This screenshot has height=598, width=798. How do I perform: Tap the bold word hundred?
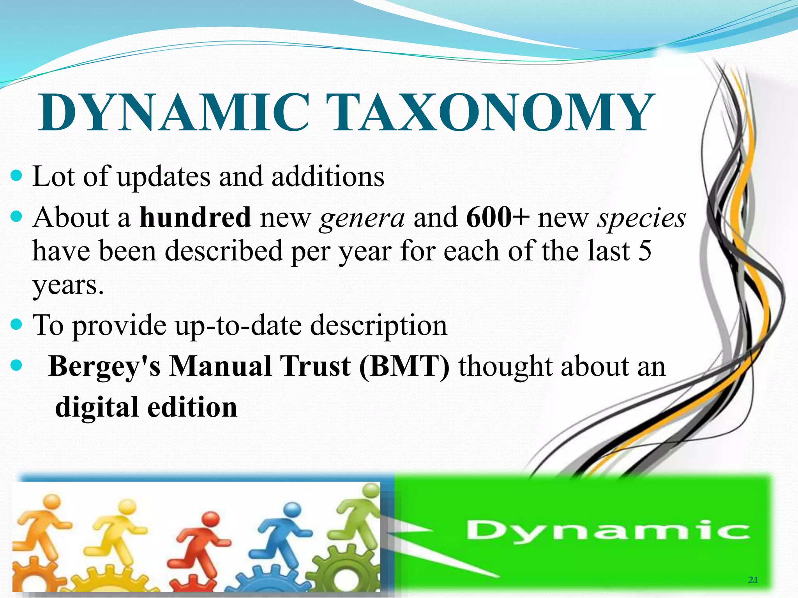click(x=195, y=217)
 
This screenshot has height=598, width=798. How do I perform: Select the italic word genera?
click(x=362, y=218)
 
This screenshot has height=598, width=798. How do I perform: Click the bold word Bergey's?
click(x=104, y=367)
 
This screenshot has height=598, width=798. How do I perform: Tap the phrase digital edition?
click(x=146, y=407)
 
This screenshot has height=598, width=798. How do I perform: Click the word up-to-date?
click(x=238, y=325)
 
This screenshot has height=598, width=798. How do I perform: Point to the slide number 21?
click(x=753, y=580)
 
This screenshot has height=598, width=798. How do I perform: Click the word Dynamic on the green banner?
click(x=608, y=531)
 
